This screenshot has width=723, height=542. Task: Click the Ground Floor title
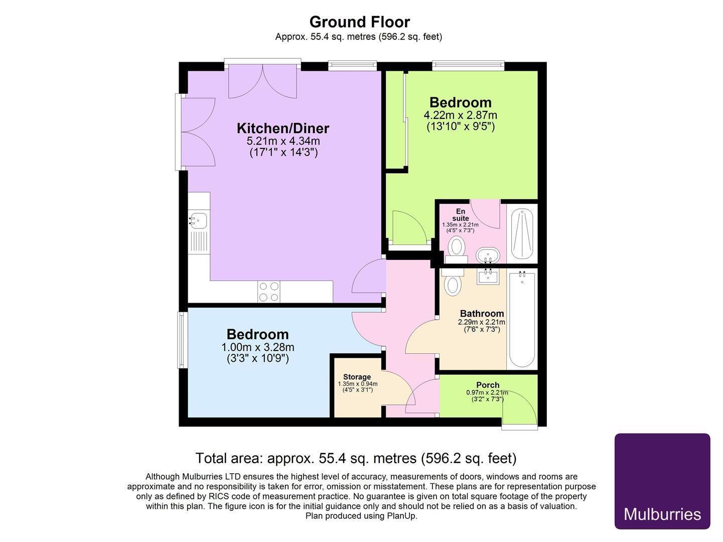pos(359,22)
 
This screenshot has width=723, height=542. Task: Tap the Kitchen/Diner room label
pos(283,128)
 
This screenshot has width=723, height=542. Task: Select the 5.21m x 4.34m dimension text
pos(283,141)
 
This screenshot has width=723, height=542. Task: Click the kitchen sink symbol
pos(199,220)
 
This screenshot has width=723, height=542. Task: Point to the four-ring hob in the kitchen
pos(268,292)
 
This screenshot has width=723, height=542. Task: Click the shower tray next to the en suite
pos(522,234)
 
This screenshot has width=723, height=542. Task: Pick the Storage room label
pos(357,377)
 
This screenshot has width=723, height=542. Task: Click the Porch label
pos(488,385)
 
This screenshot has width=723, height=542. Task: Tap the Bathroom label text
pos(482,314)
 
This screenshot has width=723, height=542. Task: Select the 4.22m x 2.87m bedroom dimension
pos(460,115)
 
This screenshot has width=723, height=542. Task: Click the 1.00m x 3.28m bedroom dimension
pos(257,347)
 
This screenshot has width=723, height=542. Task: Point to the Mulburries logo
pos(662,481)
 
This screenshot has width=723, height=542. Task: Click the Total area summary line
pos(355,458)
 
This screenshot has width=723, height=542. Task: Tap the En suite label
pos(460,215)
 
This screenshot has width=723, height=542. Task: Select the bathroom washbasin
pos(487,276)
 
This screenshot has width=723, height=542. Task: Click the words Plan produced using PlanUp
pos(361,515)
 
